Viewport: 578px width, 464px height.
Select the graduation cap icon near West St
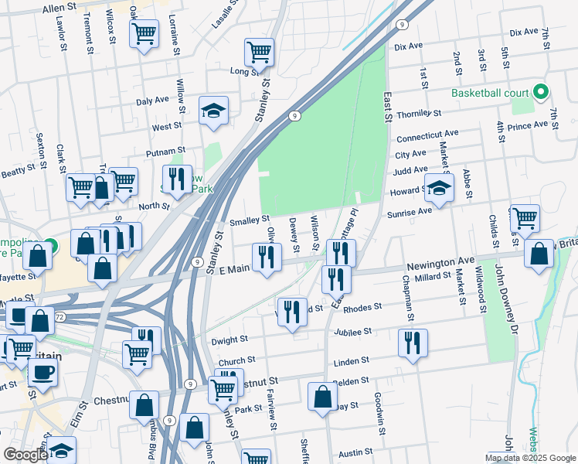pyautogui.click(x=213, y=111)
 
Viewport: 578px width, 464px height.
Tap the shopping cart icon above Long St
pyautogui.click(x=260, y=52)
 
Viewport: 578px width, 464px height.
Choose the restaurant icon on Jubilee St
pyautogui.click(x=413, y=342)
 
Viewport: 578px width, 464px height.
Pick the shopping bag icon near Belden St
pyautogui.click(x=322, y=396)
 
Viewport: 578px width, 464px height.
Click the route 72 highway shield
pyautogui.click(x=59, y=319)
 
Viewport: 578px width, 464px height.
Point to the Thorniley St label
pyautogui.click(x=417, y=114)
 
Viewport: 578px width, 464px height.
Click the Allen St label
pyautogui.click(x=59, y=7)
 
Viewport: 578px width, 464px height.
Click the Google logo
pyautogui.click(x=25, y=455)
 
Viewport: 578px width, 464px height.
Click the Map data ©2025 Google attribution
pyautogui.click(x=531, y=458)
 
